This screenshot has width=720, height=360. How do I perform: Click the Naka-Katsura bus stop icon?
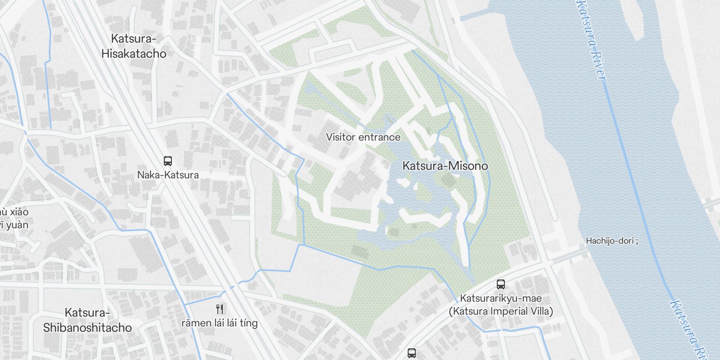pyautogui.click(x=167, y=161)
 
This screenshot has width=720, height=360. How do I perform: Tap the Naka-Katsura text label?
pyautogui.click(x=168, y=175)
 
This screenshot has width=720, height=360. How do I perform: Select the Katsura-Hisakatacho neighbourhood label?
pyautogui.click(x=134, y=46)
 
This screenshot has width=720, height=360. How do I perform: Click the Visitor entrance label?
pyautogui.click(x=363, y=137)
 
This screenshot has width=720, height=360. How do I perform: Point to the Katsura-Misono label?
pyautogui.click(x=445, y=166)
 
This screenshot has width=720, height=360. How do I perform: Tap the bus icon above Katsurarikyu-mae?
pyautogui.click(x=500, y=284)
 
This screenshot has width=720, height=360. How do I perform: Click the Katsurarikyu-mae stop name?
pyautogui.click(x=500, y=298)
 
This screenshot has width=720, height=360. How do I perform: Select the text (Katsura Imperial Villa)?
pyautogui.click(x=500, y=311)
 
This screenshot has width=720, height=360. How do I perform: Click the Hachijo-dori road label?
pyautogui.click(x=611, y=241)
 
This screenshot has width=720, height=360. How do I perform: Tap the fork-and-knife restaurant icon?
pyautogui.click(x=220, y=309)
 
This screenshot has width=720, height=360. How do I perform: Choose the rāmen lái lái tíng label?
pyautogui.click(x=220, y=323)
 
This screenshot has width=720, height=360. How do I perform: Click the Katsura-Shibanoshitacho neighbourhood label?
pyautogui.click(x=87, y=320)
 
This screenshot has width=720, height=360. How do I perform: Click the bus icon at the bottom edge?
pyautogui.click(x=411, y=353)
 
